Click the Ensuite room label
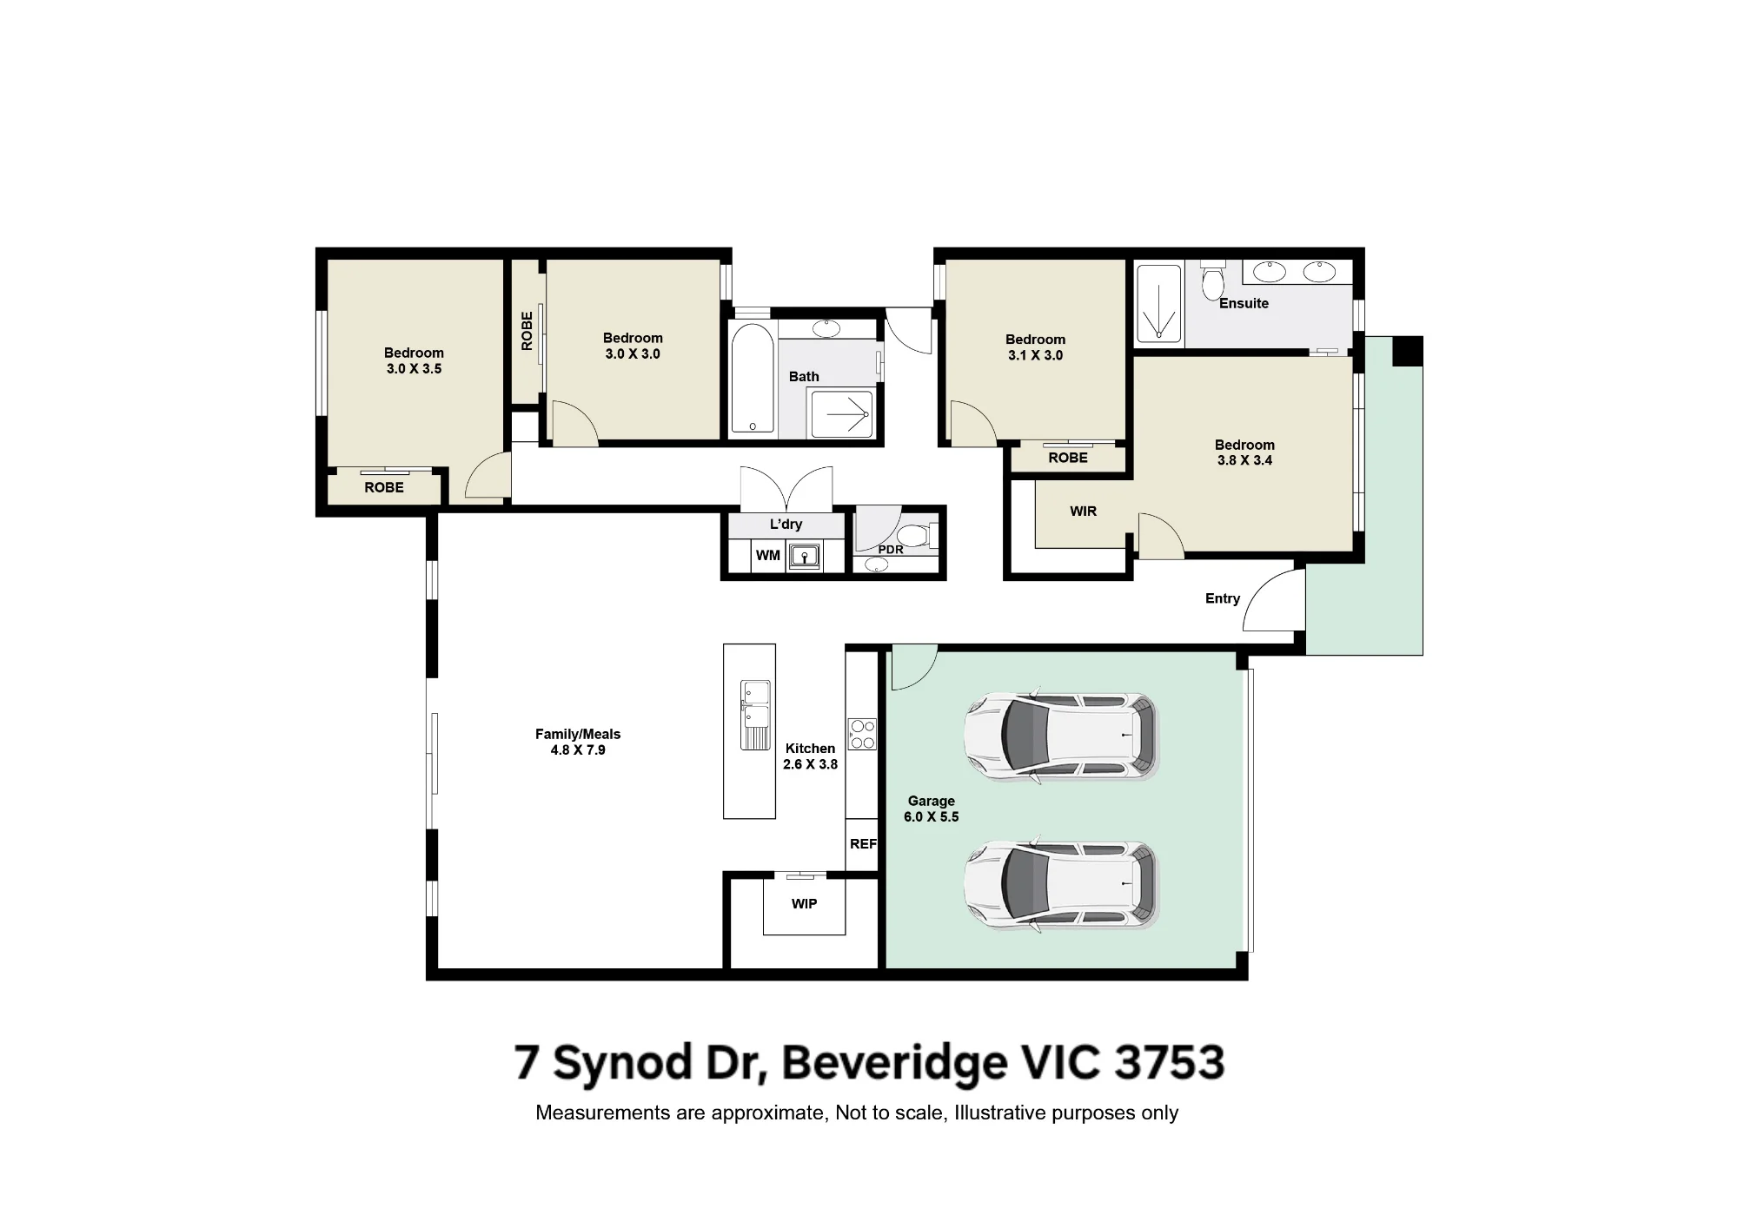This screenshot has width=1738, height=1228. [x=1244, y=303]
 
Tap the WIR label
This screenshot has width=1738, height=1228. [x=1083, y=511]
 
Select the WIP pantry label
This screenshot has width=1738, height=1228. [x=804, y=904]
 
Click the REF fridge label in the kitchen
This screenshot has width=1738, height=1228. [x=863, y=843]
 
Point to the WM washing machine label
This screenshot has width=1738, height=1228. [x=767, y=555]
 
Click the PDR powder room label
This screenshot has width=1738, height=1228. [x=891, y=550]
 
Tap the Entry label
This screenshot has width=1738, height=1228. [x=1222, y=598]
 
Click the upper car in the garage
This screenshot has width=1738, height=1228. [x=1061, y=735]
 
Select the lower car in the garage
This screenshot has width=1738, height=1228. [x=1061, y=884]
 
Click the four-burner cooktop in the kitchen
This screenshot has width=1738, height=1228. [x=862, y=734]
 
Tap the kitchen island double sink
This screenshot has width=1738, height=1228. [x=755, y=715]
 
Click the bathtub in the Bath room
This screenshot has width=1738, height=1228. [x=752, y=380]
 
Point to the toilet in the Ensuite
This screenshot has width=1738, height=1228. [x=1212, y=278]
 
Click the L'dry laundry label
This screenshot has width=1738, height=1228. [x=786, y=524]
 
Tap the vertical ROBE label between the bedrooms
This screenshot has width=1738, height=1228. [x=527, y=331]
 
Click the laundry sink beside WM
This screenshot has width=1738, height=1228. [x=805, y=556]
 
